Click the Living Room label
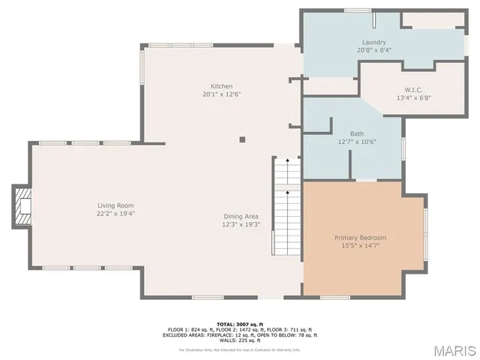click(115, 205)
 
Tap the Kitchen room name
click(221, 86)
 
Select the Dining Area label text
click(241, 216)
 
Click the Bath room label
click(357, 133)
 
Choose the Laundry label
click(373, 42)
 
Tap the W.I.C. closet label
click(413, 89)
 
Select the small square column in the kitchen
click(242, 139)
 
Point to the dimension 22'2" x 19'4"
click(115, 214)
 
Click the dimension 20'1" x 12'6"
click(221, 94)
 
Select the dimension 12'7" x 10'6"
click(357, 142)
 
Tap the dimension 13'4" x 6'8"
click(413, 97)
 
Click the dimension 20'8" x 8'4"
click(373, 50)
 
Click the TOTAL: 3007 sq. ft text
click(240, 324)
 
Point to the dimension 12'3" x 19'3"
click(241, 224)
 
